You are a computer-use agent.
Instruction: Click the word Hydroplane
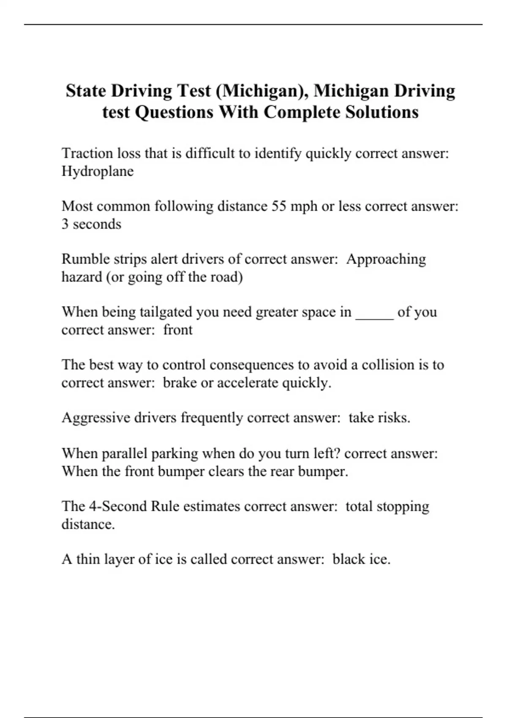coord(98,171)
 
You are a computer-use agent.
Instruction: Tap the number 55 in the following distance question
coord(279,206)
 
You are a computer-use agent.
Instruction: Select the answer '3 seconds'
coord(91,224)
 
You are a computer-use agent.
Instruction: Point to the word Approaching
coord(386,259)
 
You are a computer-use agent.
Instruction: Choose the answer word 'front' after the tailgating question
coord(178,330)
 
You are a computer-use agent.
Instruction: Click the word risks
coord(394,418)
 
